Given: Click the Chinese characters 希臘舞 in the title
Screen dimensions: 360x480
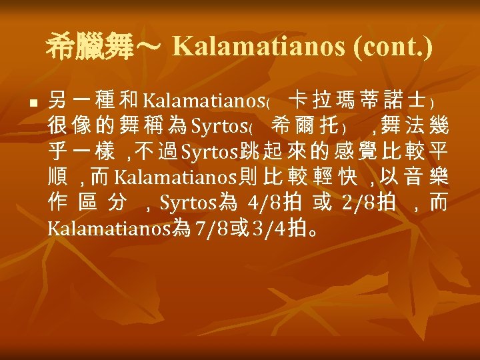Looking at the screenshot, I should (x=90, y=47).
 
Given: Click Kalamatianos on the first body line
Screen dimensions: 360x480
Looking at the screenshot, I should (x=205, y=102).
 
